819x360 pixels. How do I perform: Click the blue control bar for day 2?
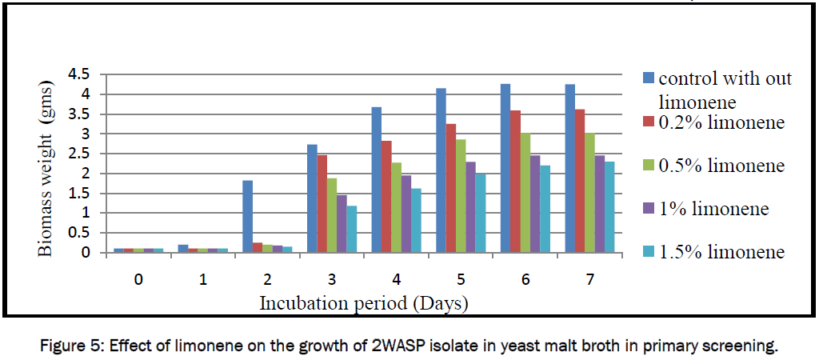[x=248, y=217]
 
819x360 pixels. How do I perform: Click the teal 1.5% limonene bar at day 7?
[x=609, y=207]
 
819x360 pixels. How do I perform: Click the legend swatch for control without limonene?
[x=648, y=78]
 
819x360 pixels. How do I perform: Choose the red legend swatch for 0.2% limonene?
[x=648, y=123]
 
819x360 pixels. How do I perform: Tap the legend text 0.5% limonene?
[x=721, y=166]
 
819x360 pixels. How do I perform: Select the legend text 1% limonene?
[x=713, y=209]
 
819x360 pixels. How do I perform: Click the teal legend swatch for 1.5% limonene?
[x=648, y=252]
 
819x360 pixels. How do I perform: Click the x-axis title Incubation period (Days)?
[x=363, y=304]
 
